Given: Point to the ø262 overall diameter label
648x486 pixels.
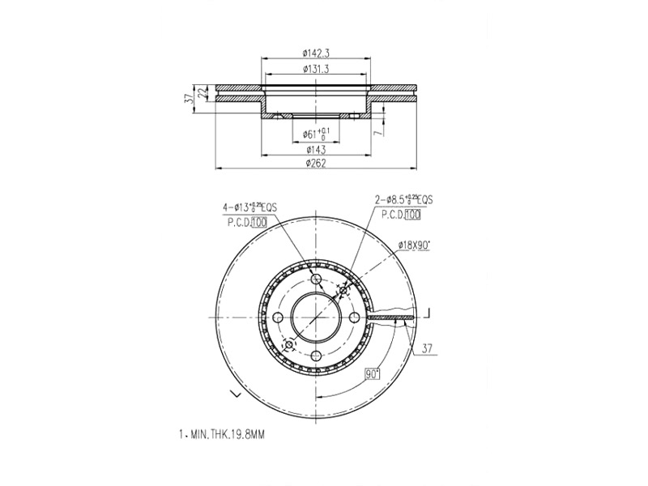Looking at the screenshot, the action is pos(316,163).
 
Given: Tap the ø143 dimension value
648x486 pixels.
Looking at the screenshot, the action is pos(316,149).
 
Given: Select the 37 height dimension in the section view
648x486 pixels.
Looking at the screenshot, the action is pos(190,99).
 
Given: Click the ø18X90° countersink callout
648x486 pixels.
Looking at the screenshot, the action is pos(413,244).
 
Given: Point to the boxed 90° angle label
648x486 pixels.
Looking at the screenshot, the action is pos(373,374).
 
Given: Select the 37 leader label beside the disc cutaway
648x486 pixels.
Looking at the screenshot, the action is pos(428,349).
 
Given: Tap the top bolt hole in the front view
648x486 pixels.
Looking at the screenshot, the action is pos(317,282).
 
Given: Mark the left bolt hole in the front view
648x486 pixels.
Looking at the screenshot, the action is pos(279,319).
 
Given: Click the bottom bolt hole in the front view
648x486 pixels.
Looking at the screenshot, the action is pos(317,357).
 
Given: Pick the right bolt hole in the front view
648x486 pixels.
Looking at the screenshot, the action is pos(355,319).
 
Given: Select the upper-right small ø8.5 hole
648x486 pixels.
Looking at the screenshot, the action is pos(343,292).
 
